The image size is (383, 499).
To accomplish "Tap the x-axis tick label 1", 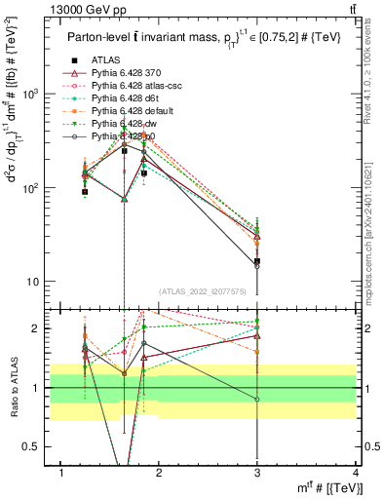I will [61, 473].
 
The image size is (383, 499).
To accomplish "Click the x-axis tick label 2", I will [160, 473].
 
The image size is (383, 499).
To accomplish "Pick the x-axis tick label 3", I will [257, 473].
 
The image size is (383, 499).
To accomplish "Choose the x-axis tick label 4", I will [355, 473].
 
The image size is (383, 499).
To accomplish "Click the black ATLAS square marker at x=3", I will [257, 261].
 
